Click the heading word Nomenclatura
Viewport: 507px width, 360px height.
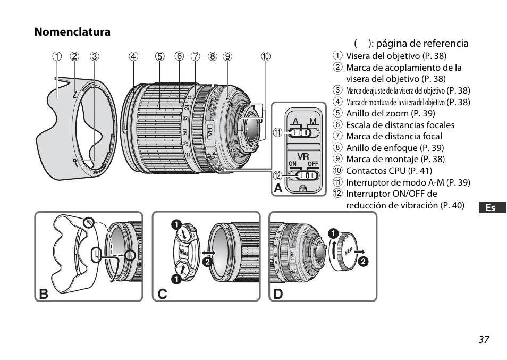(x=72, y=32)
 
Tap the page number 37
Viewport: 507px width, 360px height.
(x=483, y=339)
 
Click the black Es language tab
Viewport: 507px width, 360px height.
(x=491, y=207)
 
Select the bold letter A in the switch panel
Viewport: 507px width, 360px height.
(x=278, y=188)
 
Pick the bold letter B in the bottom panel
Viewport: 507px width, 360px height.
(x=44, y=294)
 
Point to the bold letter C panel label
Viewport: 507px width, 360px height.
(x=161, y=294)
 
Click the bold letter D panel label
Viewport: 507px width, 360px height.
(x=278, y=294)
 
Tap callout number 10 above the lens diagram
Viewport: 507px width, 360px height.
(x=265, y=56)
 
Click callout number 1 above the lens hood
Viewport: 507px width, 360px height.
(x=56, y=56)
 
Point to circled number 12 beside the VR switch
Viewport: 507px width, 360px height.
(x=277, y=175)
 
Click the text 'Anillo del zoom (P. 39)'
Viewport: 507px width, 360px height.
(x=390, y=113)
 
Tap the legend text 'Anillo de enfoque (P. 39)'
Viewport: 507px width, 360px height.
(x=395, y=148)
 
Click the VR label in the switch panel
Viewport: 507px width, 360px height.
(x=303, y=156)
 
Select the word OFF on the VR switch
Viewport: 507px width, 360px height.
(x=312, y=164)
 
